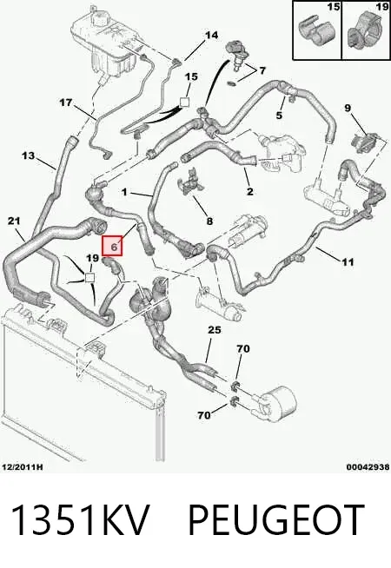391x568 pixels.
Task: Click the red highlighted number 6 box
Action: click(x=113, y=246)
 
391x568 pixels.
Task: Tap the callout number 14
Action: click(x=212, y=35)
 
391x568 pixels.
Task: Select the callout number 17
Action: click(x=66, y=102)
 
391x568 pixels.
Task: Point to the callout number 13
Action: click(x=29, y=155)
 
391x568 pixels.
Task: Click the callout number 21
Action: click(x=14, y=221)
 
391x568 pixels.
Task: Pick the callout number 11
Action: click(x=348, y=261)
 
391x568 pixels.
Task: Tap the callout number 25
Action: click(x=214, y=330)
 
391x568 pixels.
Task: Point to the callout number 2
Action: click(x=250, y=191)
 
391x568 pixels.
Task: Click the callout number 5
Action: click(x=279, y=116)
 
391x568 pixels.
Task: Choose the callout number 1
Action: click(x=124, y=192)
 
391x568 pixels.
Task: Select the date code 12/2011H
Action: click(x=22, y=467)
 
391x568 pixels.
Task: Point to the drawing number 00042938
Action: click(x=368, y=467)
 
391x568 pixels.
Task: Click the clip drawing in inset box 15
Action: click(x=313, y=34)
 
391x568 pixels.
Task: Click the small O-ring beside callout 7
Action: click(x=232, y=84)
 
